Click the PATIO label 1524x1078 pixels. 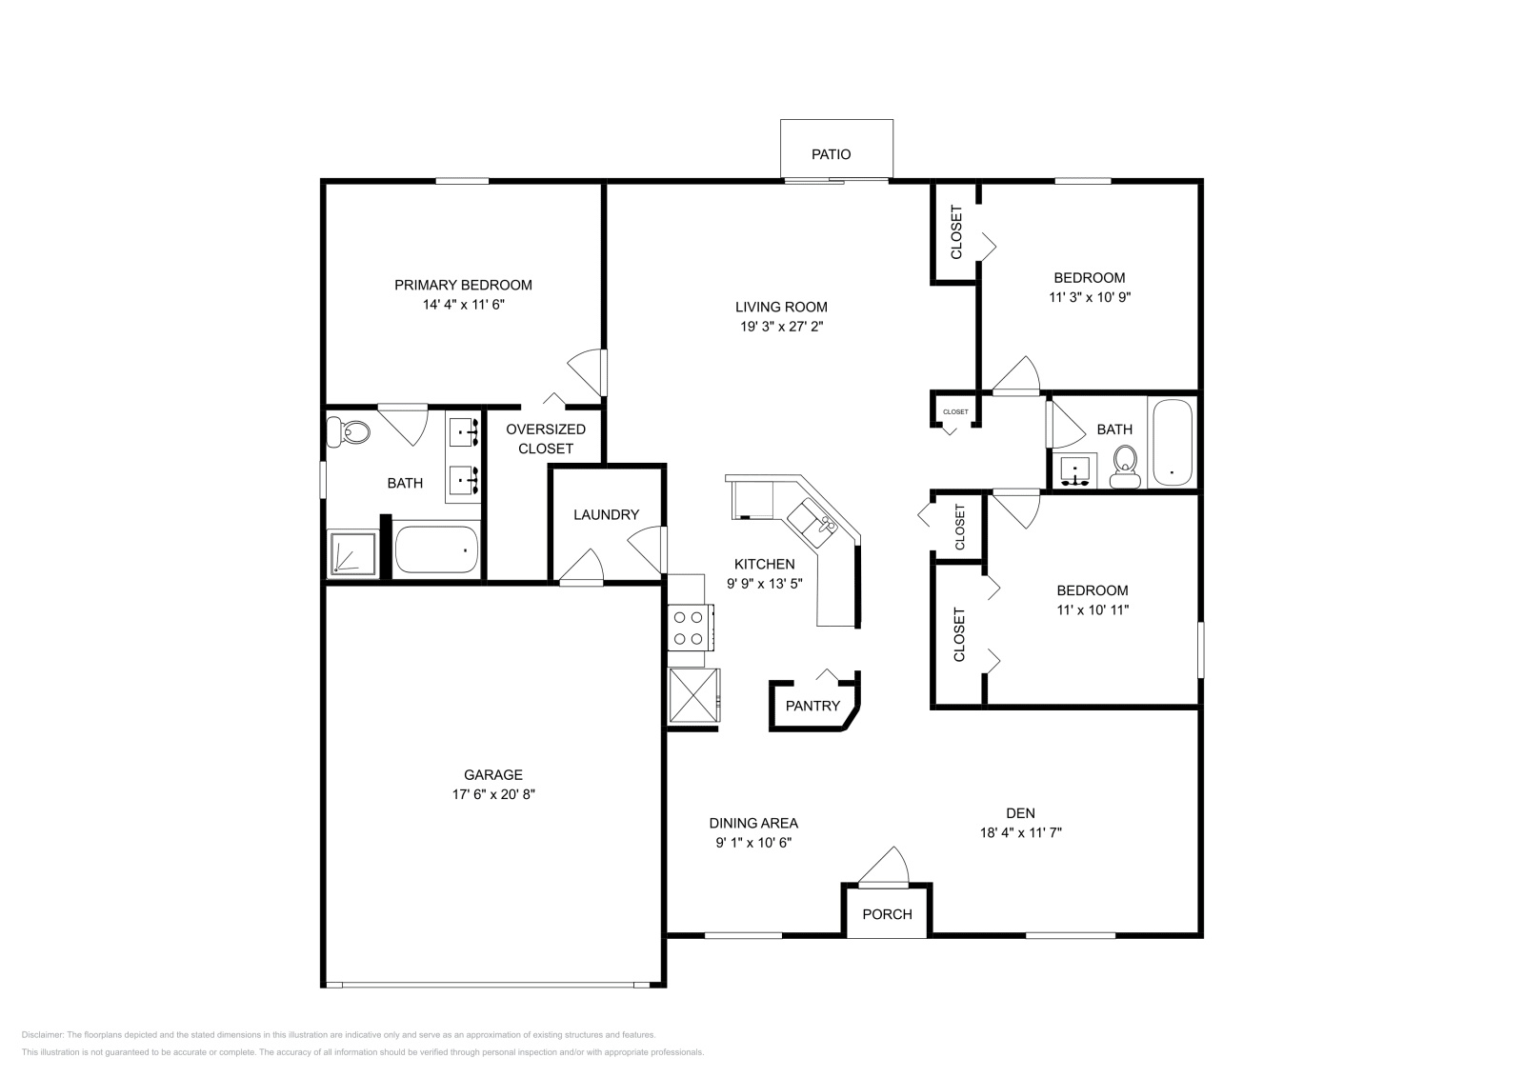(831, 154)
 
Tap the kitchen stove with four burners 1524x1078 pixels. (689, 628)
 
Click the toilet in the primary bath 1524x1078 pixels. (350, 432)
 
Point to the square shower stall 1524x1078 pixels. (352, 553)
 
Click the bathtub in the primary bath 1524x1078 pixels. (436, 549)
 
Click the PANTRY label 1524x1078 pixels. (812, 706)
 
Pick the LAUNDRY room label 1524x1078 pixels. (606, 515)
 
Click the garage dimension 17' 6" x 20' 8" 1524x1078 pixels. (493, 794)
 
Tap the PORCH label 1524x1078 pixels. (887, 914)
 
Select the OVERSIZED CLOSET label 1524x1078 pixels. (546, 439)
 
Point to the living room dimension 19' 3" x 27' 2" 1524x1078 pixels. (781, 327)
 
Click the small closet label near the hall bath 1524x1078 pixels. (955, 412)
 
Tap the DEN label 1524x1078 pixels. (1020, 813)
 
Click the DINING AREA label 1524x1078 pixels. (753, 824)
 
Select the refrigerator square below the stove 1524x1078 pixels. (692, 697)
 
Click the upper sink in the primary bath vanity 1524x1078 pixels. (465, 431)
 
